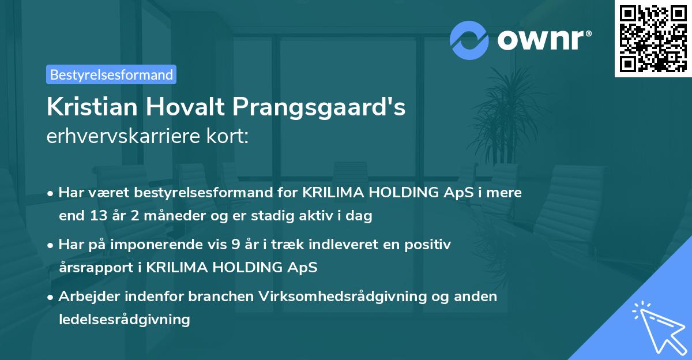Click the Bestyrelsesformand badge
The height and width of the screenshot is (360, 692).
click(x=111, y=74)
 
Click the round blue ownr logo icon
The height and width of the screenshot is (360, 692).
click(x=469, y=40)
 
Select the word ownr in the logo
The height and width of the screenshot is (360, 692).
click(x=544, y=40)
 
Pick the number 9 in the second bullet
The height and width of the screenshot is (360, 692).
click(x=235, y=245)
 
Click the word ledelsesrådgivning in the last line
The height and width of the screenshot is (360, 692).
click(x=124, y=318)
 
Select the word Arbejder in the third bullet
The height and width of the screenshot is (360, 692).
click(x=86, y=296)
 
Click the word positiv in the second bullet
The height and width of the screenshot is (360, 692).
click(x=428, y=245)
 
